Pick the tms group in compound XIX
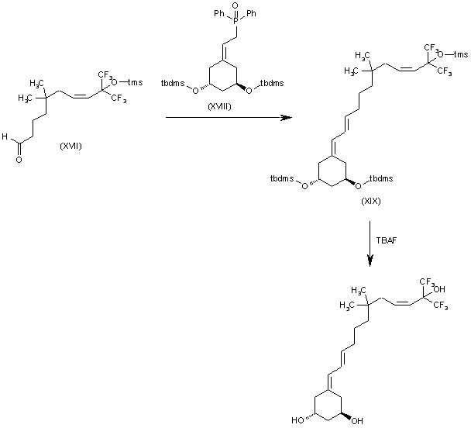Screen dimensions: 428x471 [461, 54]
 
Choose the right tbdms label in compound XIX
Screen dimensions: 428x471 [380, 179]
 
